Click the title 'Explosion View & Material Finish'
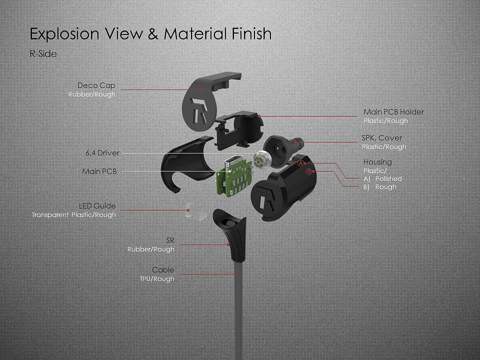tap(150, 34)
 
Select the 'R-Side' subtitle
tap(43, 54)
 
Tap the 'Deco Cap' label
tap(96, 85)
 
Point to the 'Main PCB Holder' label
tap(393, 112)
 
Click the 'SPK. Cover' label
tap(381, 137)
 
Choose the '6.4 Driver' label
tap(102, 152)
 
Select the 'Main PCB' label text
tap(99, 171)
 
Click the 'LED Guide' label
tap(97, 205)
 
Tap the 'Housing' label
tap(377, 162)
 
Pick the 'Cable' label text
tap(163, 270)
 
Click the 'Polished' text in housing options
tap(388, 178)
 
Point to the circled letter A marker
tap(300, 163)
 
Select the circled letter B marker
tap(308, 171)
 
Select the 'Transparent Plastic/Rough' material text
tap(73, 215)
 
